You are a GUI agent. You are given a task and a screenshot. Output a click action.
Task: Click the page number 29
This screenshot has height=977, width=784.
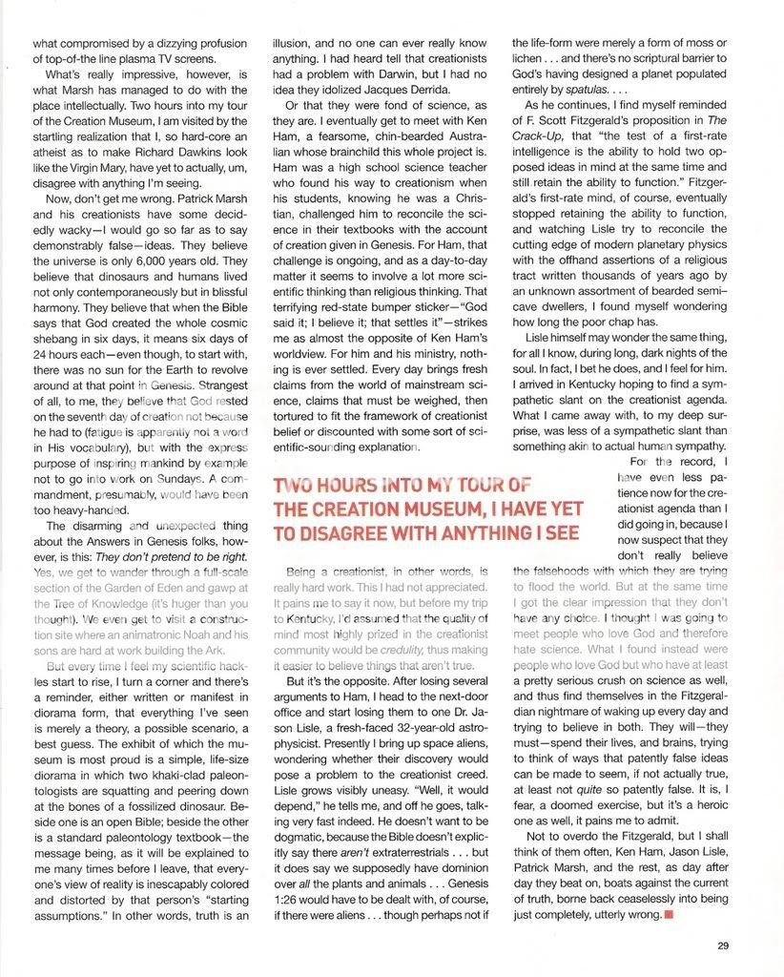[x=722, y=946]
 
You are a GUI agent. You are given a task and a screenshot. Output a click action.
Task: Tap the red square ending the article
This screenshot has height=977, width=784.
[x=668, y=915]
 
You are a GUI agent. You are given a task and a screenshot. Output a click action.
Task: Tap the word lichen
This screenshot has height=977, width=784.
[x=529, y=59]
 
